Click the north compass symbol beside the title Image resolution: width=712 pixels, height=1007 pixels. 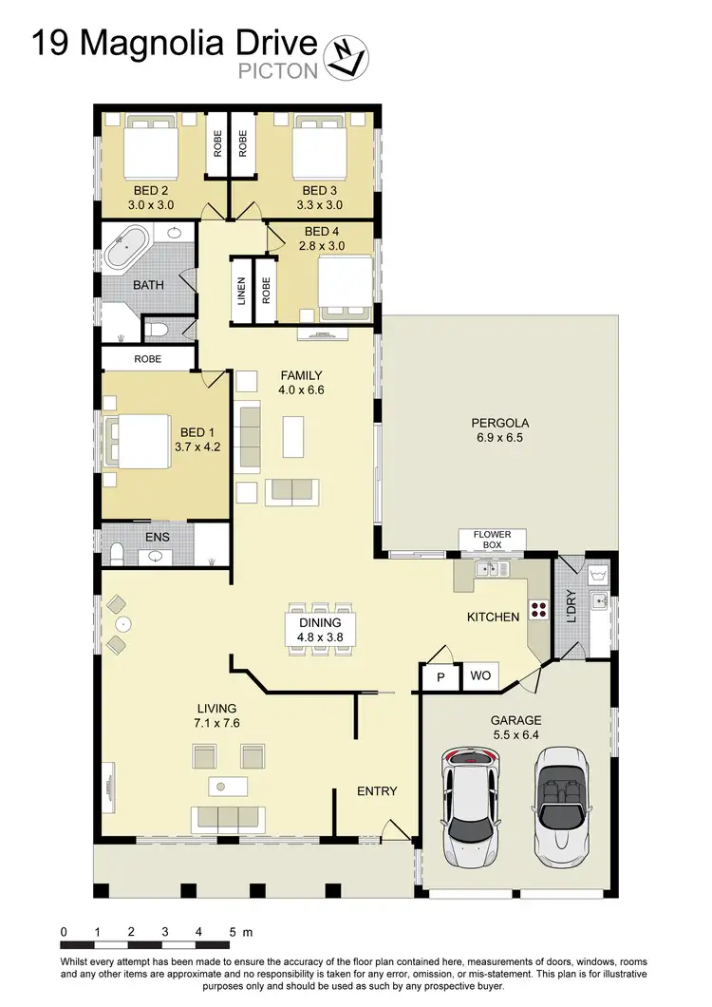pyautogui.click(x=346, y=56)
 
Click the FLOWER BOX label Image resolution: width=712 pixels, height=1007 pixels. pyautogui.click(x=493, y=540)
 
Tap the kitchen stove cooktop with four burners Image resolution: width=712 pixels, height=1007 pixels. pyautogui.click(x=538, y=611)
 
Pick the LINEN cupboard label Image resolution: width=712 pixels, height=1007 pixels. pyautogui.click(x=241, y=291)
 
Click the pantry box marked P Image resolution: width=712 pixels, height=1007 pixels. pyautogui.click(x=440, y=676)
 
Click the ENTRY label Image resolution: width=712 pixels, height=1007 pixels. pyautogui.click(x=377, y=790)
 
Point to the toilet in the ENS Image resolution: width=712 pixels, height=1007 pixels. pyautogui.click(x=116, y=554)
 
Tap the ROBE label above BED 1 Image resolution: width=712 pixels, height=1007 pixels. pyautogui.click(x=147, y=359)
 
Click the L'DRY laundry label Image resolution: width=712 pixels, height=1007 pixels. pyautogui.click(x=571, y=607)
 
